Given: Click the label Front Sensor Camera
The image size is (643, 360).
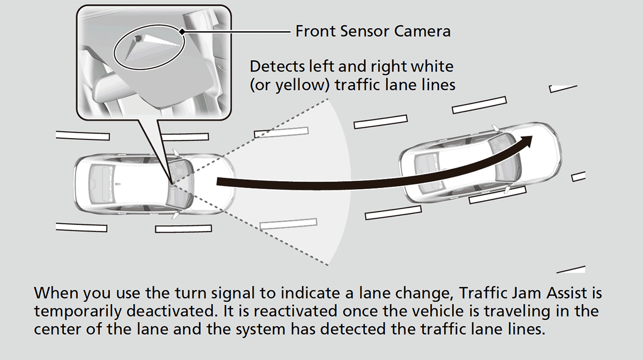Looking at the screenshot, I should coord(373,32).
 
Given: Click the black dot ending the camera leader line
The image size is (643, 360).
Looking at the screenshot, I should coord(182,32).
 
